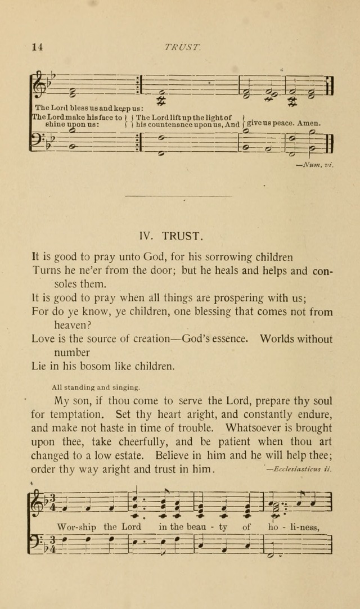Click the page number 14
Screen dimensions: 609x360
(x=37, y=47)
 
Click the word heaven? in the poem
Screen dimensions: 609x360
(x=73, y=325)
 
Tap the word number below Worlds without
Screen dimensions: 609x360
(x=72, y=353)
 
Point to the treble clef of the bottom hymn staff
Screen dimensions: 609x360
(x=38, y=501)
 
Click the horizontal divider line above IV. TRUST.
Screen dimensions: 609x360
(x=178, y=196)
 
